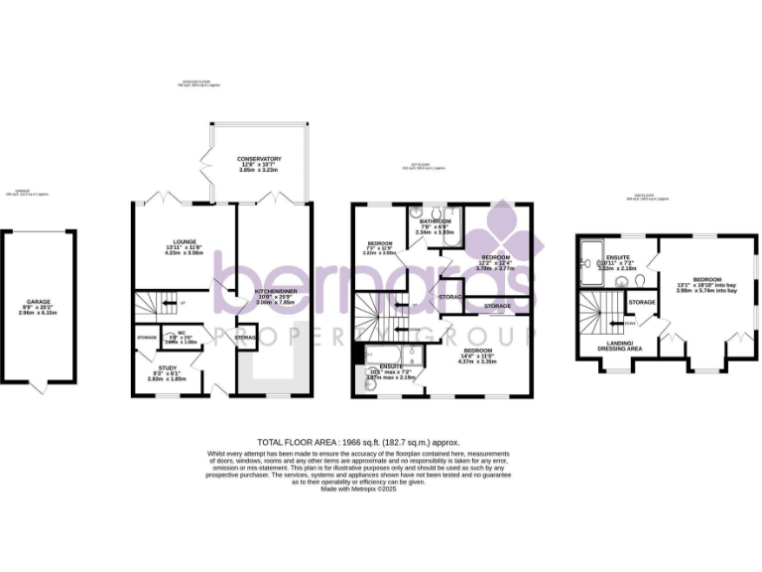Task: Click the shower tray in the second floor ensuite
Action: coord(594,250)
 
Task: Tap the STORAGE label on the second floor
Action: coord(642,301)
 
